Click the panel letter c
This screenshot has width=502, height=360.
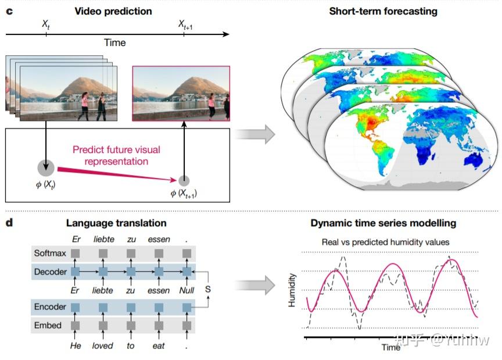[x=9, y=11]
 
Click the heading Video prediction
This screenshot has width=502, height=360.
[x=114, y=11]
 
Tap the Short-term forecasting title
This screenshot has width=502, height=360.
[x=383, y=11]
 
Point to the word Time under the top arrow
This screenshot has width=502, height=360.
[x=114, y=42]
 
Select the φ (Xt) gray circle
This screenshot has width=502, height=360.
[x=46, y=167]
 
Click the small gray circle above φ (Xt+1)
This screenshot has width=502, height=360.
[x=184, y=181]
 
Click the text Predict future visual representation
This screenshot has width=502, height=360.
[x=116, y=155]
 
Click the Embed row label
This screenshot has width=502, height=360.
[x=48, y=325]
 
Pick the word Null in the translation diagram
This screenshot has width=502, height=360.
[x=187, y=290]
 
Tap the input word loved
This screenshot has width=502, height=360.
[x=103, y=345]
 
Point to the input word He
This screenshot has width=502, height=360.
[x=75, y=345]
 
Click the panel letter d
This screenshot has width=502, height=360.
[x=9, y=223]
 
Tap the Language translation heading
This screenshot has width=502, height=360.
[x=116, y=223]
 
